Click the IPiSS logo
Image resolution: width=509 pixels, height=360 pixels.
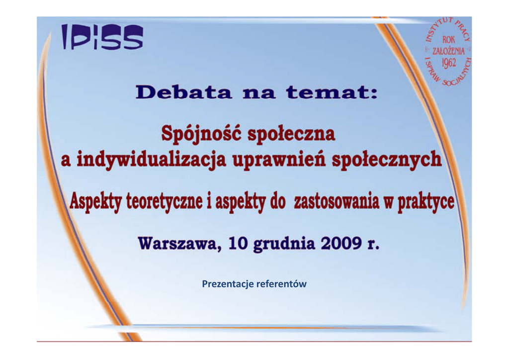[102, 37]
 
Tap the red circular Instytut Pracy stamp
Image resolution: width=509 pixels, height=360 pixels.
[448, 52]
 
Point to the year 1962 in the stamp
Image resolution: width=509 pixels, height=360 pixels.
[449, 63]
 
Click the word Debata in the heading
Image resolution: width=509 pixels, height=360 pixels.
[184, 92]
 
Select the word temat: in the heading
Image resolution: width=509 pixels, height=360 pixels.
[332, 92]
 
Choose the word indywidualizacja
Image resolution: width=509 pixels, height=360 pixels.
[151, 160]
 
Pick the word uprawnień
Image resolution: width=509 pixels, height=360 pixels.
[279, 160]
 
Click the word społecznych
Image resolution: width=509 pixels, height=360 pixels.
[387, 160]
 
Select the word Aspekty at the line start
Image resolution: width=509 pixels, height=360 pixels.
[95, 201]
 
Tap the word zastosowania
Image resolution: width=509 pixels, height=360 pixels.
[337, 201]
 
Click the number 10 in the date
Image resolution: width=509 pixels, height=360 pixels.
[238, 243]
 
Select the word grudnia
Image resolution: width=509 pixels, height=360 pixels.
[284, 244]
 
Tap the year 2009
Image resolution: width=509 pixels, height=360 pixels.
[341, 243]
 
